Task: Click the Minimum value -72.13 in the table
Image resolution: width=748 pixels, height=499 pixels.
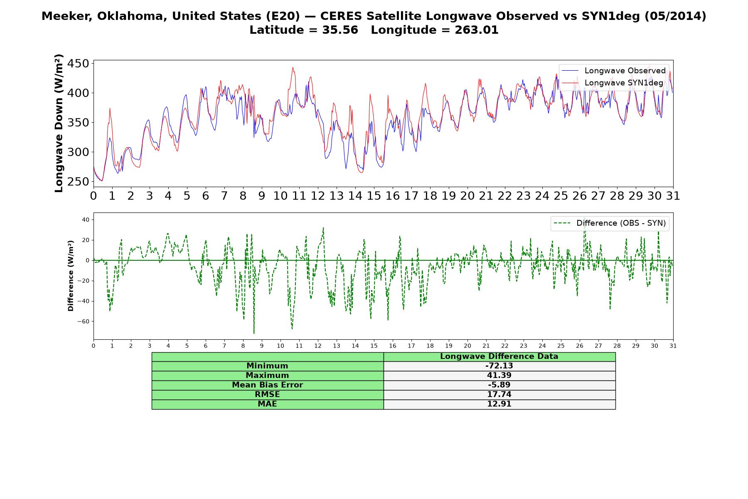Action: click(x=499, y=366)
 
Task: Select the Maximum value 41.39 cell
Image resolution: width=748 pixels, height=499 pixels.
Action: click(x=499, y=375)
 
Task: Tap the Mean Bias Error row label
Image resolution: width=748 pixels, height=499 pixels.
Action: click(x=267, y=385)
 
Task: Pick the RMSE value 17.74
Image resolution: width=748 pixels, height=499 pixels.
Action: click(x=499, y=395)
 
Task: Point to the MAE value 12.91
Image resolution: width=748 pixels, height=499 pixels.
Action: click(x=499, y=404)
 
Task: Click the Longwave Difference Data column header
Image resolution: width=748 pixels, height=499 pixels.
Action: click(x=499, y=356)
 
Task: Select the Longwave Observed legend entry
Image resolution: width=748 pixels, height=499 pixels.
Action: click(x=613, y=71)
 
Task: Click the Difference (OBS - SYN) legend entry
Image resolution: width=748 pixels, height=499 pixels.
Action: click(x=609, y=223)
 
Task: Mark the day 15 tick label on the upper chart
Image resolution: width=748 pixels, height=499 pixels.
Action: click(x=374, y=196)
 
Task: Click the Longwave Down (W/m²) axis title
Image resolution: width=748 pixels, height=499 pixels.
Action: click(x=59, y=123)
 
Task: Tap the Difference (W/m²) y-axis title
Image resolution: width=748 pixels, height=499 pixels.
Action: click(x=71, y=276)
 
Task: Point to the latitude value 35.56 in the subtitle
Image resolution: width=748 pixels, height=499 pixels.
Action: click(x=340, y=30)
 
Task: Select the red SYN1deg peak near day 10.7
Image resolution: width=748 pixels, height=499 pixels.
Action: click(x=293, y=67)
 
